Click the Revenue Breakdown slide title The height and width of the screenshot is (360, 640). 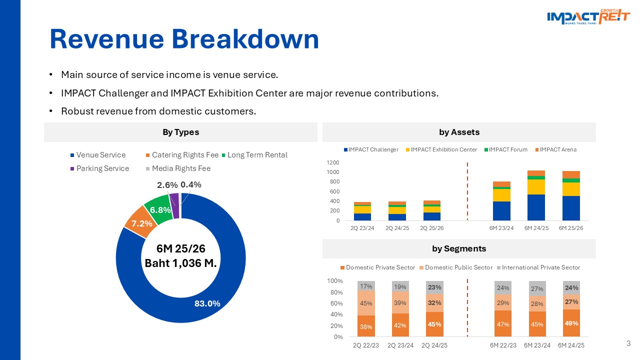184,39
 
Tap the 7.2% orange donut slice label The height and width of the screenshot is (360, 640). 142,222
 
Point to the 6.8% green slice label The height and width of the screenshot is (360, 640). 160,210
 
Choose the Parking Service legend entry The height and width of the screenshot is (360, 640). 102,168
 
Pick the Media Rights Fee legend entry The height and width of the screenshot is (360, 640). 181,168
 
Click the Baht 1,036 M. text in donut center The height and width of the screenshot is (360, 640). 180,263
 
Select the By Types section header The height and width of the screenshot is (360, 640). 180,132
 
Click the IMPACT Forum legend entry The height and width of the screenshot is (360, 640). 508,149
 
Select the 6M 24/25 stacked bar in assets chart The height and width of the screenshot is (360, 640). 536,195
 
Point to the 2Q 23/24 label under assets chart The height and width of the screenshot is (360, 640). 362,228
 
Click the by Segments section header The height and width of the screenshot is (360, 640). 459,248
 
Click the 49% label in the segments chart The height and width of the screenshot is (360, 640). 571,323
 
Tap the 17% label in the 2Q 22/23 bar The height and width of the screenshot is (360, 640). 366,286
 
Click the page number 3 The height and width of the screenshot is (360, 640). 628,343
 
